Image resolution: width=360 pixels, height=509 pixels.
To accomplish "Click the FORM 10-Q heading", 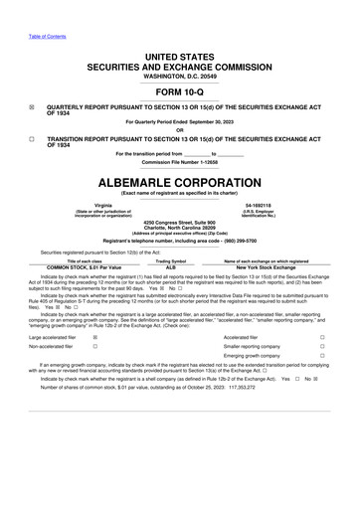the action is tap(180, 90).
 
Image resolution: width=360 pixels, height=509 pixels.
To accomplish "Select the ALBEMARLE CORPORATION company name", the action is tap(180, 184).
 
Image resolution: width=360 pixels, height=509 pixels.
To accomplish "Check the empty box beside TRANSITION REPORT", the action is tap(32, 138).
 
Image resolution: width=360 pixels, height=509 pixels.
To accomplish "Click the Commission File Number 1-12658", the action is tap(180, 162).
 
